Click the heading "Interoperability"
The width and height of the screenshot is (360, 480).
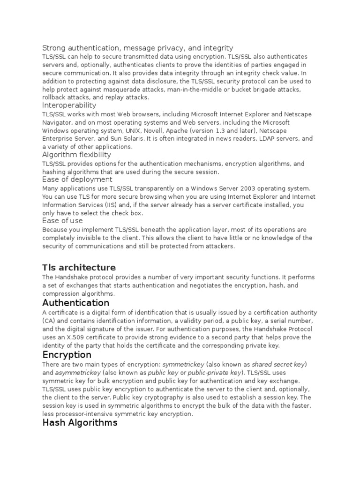point(69,105)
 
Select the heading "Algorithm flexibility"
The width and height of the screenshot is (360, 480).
point(76,155)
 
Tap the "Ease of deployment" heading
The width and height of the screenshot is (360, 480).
point(77,180)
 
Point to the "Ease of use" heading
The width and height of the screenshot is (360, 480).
point(62,220)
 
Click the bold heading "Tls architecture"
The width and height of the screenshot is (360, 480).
point(79,267)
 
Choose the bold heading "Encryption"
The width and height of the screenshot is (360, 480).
point(67,355)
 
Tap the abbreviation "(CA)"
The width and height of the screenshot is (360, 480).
point(48,321)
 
